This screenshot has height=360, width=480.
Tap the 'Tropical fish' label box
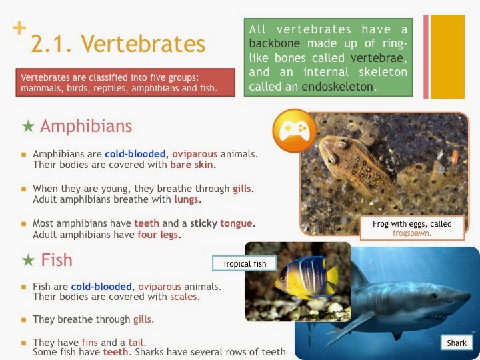[245, 264]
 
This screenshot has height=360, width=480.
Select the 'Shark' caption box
[457, 343]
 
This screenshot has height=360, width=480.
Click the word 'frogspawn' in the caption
[411, 234]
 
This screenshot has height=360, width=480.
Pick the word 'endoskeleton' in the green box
[338, 87]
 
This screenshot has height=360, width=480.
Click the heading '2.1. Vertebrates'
[118, 44]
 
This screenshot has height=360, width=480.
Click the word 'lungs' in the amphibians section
[187, 199]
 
